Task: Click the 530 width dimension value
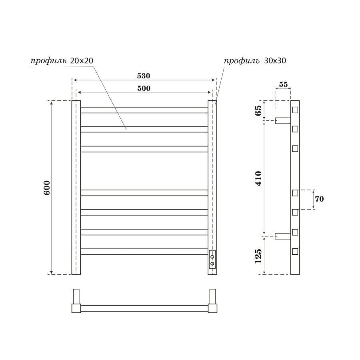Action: pyautogui.click(x=144, y=76)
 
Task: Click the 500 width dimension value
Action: pyautogui.click(x=144, y=88)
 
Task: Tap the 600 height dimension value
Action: pyautogui.click(x=47, y=188)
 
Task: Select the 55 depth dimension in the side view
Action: pyautogui.click(x=283, y=84)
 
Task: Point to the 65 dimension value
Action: pyautogui.click(x=258, y=110)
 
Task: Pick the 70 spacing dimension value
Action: pyautogui.click(x=319, y=199)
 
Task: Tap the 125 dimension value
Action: pyautogui.click(x=258, y=256)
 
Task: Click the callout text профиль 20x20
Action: pyautogui.click(x=62, y=61)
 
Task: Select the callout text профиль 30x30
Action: pyautogui.click(x=255, y=61)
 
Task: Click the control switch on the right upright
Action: pyautogui.click(x=212, y=259)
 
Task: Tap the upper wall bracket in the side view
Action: pyautogui.click(x=283, y=120)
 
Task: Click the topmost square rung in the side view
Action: pyautogui.click(x=295, y=110)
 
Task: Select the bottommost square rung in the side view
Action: pyautogui.click(x=295, y=252)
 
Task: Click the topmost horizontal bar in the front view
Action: pyautogui.click(x=144, y=110)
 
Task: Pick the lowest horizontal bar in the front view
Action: pyautogui.click(x=144, y=252)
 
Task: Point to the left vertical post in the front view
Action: pyautogui.click(x=76, y=188)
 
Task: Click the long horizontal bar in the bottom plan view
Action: pyautogui.click(x=144, y=308)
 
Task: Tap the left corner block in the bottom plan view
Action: pyautogui.click(x=76, y=308)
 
